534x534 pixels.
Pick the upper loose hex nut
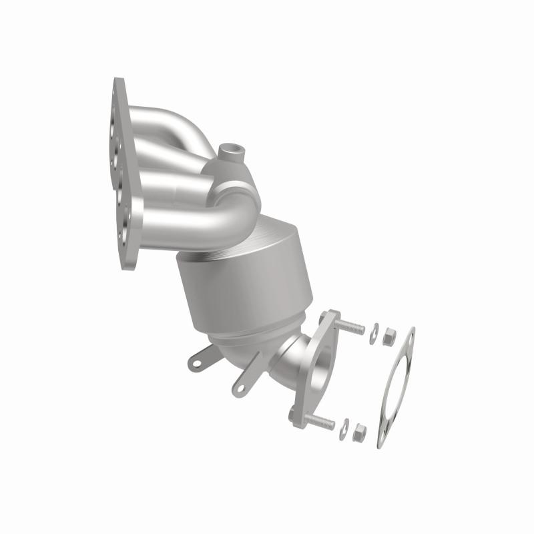point(389,338)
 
